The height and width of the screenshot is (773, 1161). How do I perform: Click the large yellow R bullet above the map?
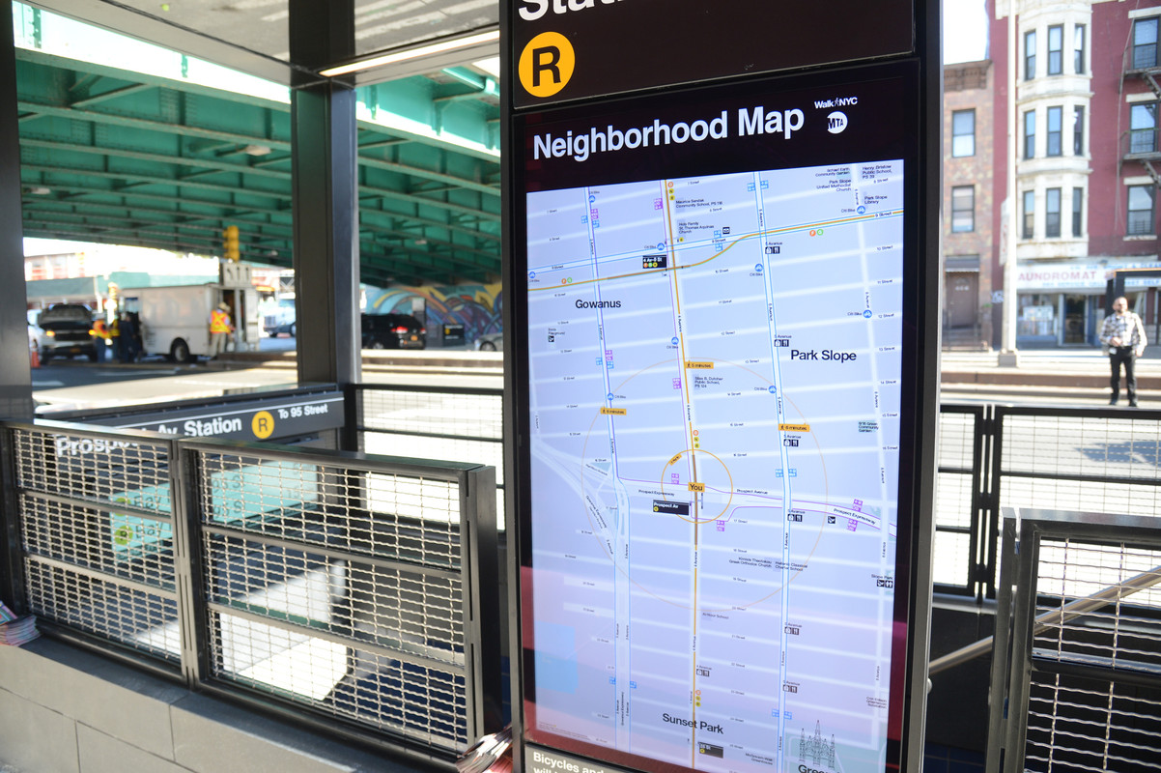click(x=546, y=65)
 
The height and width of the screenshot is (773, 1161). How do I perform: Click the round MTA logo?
click(x=836, y=123)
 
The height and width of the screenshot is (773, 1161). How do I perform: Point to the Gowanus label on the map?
click(x=598, y=303)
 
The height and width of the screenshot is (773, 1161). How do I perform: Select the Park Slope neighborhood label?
click(x=823, y=356)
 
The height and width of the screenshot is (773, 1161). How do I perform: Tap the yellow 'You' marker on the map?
click(x=695, y=487)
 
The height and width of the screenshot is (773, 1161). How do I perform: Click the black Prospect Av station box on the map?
click(x=670, y=506)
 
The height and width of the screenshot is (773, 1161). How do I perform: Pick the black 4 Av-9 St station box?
click(x=654, y=261)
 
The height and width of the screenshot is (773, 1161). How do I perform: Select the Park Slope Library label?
click(x=875, y=199)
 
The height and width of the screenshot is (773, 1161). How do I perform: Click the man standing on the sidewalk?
click(x=1121, y=349)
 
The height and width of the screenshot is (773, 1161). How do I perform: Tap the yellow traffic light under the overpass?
click(x=232, y=243)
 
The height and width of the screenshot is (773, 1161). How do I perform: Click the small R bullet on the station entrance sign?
click(x=263, y=424)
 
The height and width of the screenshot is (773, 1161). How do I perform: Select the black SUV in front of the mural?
click(x=392, y=330)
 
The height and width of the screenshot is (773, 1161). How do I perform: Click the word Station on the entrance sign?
click(x=212, y=426)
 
